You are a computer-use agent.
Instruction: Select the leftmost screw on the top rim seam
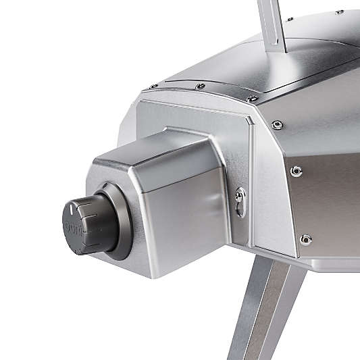tap(153, 86)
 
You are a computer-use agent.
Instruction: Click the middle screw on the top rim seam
tap(200, 86)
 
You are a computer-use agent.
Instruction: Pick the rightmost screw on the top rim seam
tap(252, 99)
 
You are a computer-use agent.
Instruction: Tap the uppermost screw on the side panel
tap(277, 124)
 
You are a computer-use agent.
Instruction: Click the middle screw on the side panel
tap(296, 171)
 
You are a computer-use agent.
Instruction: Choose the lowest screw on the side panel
tap(306, 238)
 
